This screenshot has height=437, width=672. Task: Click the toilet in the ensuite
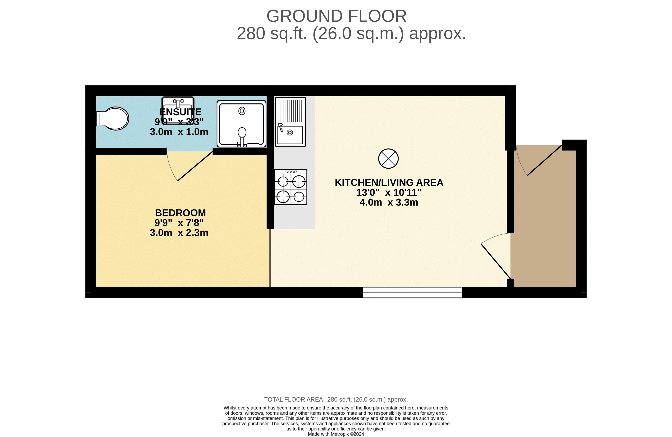(x=113, y=119)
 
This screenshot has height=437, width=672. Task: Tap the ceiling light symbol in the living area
(x=389, y=159)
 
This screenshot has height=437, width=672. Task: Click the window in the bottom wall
(x=412, y=293)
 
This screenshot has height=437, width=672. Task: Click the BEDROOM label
(x=181, y=213)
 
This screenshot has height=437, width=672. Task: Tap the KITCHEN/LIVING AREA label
(x=389, y=183)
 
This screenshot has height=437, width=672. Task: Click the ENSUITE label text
(x=181, y=112)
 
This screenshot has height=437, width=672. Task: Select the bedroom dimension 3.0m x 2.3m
(x=179, y=233)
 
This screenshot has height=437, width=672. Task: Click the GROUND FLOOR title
(x=336, y=16)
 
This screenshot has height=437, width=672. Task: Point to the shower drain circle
(x=242, y=111)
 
